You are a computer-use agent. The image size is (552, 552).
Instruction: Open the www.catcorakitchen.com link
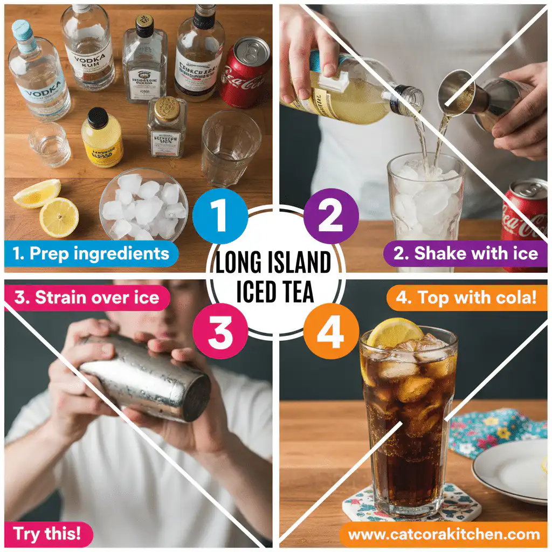[x=444, y=534]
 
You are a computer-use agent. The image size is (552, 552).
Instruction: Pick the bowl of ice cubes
[x=144, y=204]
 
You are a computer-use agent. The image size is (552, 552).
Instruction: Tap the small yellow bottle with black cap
[x=102, y=137]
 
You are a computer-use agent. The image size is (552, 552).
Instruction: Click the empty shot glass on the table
[x=49, y=144]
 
